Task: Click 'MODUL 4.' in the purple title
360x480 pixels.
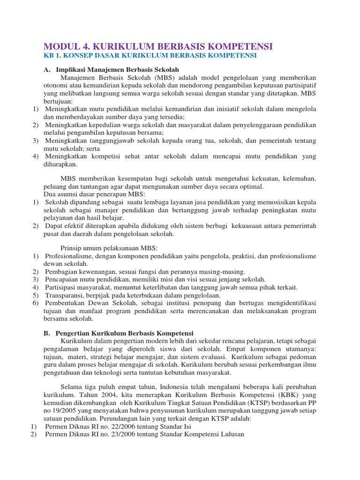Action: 66,46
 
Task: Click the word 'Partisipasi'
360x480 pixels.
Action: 60,287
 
